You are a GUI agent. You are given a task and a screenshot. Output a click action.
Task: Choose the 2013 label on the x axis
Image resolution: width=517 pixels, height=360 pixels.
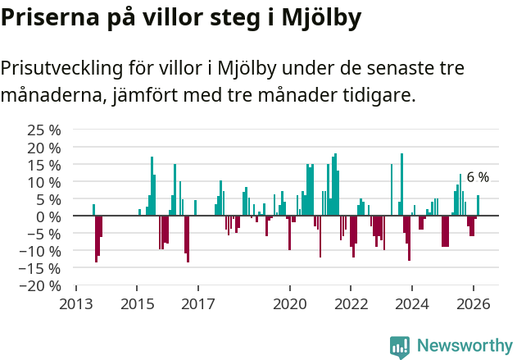point(75,303)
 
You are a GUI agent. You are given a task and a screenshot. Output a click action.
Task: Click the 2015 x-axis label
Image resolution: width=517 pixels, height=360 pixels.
point(136,303)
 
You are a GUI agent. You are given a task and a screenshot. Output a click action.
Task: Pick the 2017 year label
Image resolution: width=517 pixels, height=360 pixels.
point(197,303)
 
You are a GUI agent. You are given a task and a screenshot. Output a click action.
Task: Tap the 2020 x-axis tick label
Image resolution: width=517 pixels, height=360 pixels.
point(289,303)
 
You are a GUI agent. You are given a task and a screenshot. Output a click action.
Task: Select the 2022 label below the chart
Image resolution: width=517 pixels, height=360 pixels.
point(351,303)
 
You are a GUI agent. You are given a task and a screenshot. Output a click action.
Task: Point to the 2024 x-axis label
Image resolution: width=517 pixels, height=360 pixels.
point(412,303)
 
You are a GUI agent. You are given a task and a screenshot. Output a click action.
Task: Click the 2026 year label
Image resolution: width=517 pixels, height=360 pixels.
point(474,303)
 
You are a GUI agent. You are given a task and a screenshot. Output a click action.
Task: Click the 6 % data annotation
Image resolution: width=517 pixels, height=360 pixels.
point(478,177)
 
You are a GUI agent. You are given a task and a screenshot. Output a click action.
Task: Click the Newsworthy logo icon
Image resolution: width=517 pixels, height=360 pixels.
point(400,346)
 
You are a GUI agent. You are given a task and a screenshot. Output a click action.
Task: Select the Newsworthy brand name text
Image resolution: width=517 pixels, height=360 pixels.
point(464,346)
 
